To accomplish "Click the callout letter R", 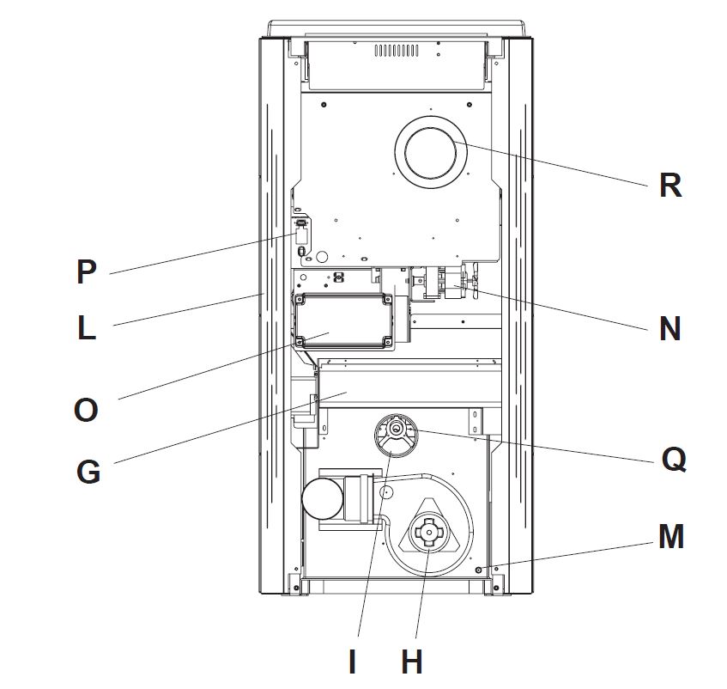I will click(669, 185).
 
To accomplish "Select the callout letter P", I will click(86, 272).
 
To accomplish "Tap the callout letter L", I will click(87, 328).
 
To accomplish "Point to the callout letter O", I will click(86, 410).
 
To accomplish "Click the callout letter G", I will click(88, 472).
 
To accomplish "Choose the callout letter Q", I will click(673, 460).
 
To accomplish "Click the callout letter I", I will click(352, 662).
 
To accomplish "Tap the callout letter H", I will click(412, 662).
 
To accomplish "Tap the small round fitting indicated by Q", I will click(397, 429).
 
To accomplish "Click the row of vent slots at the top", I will click(397, 51).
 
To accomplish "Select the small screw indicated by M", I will click(479, 570).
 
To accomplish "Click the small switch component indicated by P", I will click(302, 232).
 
